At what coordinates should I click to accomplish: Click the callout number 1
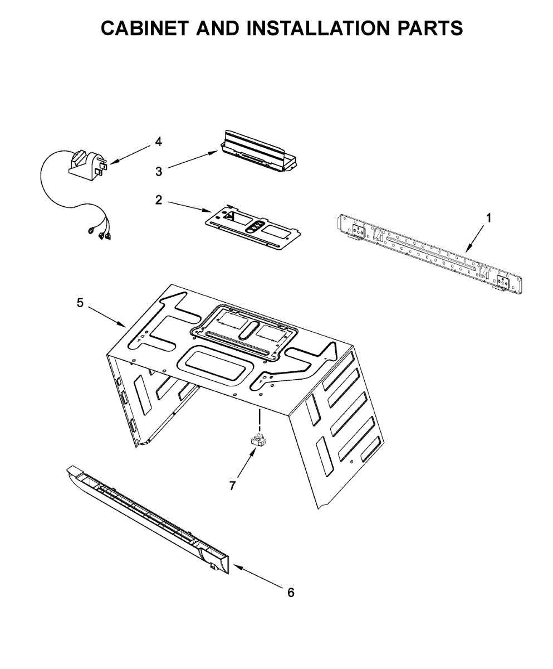(489, 219)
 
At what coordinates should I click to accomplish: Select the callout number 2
(159, 200)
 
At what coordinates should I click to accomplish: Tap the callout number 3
(159, 171)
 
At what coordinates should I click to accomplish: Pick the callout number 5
(80, 302)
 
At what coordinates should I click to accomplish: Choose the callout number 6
(290, 593)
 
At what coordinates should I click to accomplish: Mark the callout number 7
(233, 486)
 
